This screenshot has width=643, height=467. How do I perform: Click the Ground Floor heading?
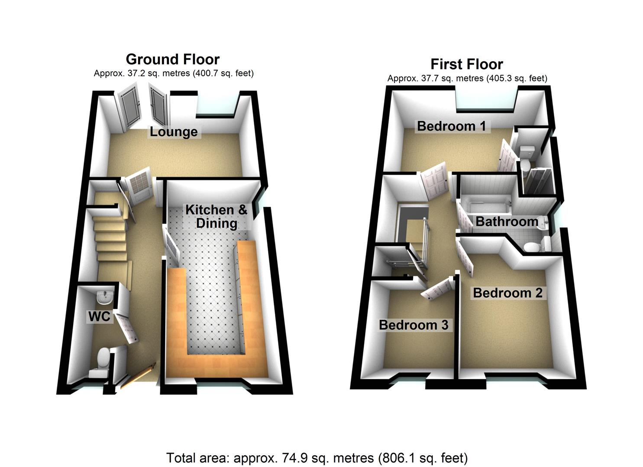point(172,59)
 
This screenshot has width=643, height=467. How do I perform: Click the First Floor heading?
point(466,64)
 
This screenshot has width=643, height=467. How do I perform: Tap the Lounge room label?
point(174,132)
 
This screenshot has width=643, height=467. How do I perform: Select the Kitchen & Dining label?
point(216,217)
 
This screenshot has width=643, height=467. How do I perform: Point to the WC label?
point(99,317)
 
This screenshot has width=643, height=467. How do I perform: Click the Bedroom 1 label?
point(451,126)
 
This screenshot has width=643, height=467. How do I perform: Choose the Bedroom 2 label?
point(507,293)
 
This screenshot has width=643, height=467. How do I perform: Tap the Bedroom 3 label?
point(413,325)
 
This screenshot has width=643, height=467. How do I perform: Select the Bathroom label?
point(507,222)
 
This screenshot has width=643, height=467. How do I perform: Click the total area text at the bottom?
point(317,457)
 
